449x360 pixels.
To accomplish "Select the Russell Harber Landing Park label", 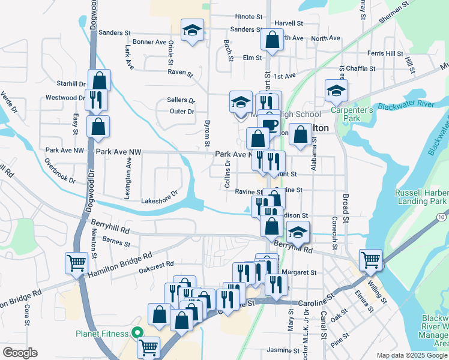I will click(x=421, y=197).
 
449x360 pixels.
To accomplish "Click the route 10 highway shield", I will click(x=441, y=216).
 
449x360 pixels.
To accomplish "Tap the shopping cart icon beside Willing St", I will click(x=371, y=259).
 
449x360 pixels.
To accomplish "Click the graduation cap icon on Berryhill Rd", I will click(x=298, y=232).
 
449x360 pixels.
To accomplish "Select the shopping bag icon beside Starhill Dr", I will click(x=99, y=80).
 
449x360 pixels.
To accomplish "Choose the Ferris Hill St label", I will click(x=385, y=54).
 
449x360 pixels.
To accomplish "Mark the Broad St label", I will click(x=345, y=204).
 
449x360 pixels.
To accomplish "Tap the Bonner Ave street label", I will click(x=149, y=42).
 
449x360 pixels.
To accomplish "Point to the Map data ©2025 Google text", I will click(x=411, y=355).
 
